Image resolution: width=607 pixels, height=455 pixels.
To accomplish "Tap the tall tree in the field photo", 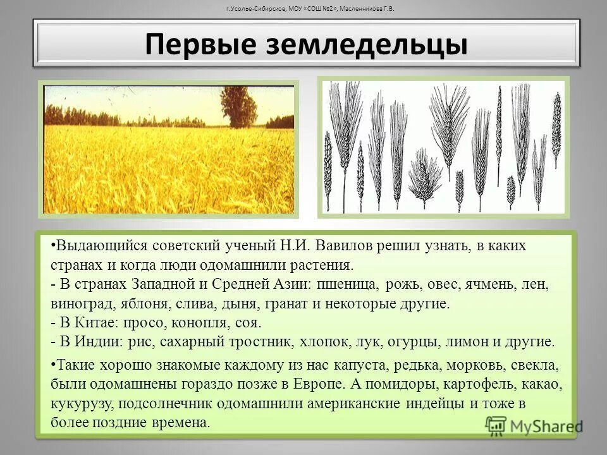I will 238,104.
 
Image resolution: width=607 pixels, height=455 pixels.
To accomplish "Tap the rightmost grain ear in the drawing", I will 556,126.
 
